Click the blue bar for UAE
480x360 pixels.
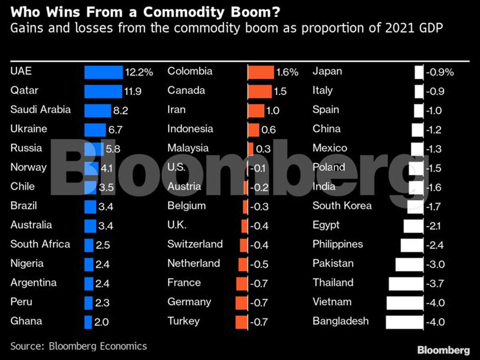[x=103, y=72]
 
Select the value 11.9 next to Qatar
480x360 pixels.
[x=133, y=92]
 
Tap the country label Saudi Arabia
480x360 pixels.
[x=40, y=110]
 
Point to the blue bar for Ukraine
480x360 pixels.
[x=95, y=130]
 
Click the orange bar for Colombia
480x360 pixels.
[x=261, y=72]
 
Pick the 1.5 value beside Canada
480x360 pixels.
[x=280, y=92]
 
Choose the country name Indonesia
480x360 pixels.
[x=190, y=129]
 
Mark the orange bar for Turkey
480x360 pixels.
[x=242, y=322]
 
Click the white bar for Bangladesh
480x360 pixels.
[x=404, y=322]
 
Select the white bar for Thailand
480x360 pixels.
[x=406, y=284]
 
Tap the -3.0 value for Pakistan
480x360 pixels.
[x=435, y=264]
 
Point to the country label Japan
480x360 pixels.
[x=327, y=71]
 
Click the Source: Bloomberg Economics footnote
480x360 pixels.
[x=78, y=346]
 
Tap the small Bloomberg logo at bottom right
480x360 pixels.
[x=443, y=350]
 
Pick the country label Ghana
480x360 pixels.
[x=26, y=321]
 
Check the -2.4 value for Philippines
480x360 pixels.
[x=435, y=245]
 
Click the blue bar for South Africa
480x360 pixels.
[x=89, y=245]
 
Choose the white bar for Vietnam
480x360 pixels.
[x=405, y=303]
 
